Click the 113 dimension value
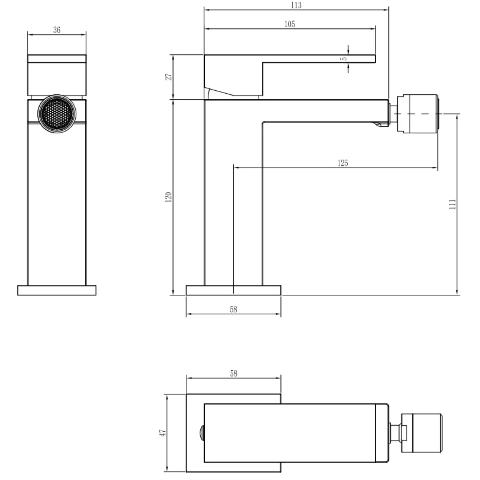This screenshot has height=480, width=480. coord(296,5)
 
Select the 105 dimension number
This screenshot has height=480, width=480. coord(290,24)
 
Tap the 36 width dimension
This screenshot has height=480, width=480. coord(57,30)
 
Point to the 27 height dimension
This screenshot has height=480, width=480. coord(169,76)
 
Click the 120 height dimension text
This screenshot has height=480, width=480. coord(169,197)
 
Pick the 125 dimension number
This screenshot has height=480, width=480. coord(342,163)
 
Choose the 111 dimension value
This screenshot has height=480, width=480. coord(452,204)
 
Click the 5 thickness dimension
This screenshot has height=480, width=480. coord(344,59)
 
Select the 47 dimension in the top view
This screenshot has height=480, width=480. coord(162,432)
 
